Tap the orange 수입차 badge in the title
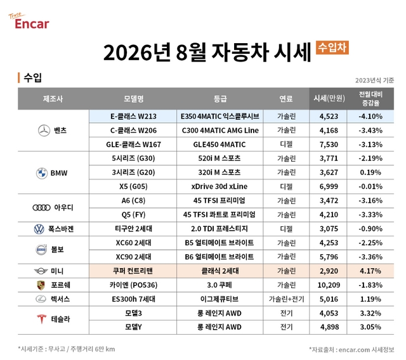click(x=332, y=48)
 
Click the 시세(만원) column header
click(x=329, y=98)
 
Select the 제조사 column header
click(x=53, y=98)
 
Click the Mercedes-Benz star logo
click(x=44, y=131)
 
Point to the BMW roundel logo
click(x=42, y=173)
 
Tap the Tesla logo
click(x=41, y=319)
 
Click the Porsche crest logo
click(x=41, y=285)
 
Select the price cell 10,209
click(x=329, y=285)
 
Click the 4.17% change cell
click(x=370, y=271)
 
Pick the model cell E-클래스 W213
click(x=133, y=117)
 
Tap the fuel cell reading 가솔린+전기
click(x=286, y=299)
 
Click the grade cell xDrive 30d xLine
click(x=219, y=186)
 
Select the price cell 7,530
click(x=329, y=145)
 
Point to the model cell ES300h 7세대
click(x=133, y=299)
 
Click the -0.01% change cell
click(x=370, y=186)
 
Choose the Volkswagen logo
click(x=39, y=229)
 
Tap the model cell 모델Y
click(x=133, y=327)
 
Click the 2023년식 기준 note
click(x=374, y=80)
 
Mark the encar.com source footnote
click(x=351, y=350)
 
